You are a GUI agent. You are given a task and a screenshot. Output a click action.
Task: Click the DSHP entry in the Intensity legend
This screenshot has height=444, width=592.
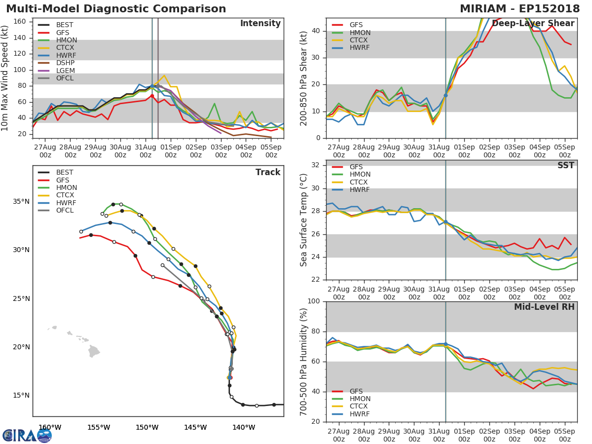65,63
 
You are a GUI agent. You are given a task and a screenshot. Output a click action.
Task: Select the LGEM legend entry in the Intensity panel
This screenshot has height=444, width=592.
65,71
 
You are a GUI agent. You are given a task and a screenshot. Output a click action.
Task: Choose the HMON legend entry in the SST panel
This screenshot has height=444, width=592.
360,175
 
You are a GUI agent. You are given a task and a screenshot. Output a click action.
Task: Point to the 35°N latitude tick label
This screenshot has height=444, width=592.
21,202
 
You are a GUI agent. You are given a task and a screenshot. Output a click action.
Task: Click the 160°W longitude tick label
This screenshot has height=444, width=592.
50,427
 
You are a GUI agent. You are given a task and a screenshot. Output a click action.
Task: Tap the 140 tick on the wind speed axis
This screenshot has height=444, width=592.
19,37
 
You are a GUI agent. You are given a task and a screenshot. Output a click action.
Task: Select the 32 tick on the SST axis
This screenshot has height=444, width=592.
316,165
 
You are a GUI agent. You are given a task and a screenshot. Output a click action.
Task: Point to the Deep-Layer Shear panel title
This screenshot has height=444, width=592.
533,24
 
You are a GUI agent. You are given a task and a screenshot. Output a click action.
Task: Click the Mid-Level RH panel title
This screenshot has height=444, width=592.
544,307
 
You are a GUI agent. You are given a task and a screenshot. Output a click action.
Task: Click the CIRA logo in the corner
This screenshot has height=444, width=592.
27,435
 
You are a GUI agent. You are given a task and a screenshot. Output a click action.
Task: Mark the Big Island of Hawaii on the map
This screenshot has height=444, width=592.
94,351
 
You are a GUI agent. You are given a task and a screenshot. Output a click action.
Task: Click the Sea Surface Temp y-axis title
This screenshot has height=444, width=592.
304,221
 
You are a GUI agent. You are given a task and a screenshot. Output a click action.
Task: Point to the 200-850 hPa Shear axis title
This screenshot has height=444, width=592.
304,78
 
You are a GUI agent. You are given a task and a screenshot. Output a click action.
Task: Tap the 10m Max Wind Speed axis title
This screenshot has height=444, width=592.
5,78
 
